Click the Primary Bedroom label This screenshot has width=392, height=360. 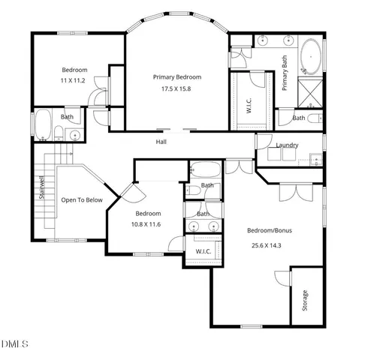177,77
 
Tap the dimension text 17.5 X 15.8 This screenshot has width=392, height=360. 177,89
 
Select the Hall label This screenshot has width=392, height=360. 161,142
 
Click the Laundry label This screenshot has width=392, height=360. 287,145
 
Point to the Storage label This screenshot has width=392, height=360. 305,301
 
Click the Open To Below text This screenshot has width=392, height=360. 82,200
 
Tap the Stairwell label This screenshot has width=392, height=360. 42,187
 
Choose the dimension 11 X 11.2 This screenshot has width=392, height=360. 74,79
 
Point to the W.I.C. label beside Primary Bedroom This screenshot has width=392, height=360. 249,106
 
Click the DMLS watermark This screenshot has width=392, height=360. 15,344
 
